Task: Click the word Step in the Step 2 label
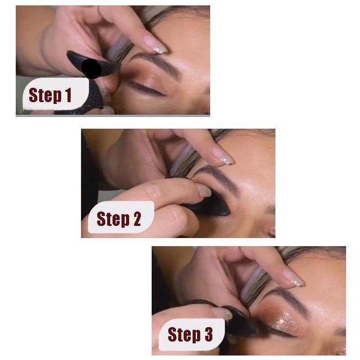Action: [112, 219]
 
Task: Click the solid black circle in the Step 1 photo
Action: [91, 68]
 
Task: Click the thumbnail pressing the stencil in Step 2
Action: [203, 191]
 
